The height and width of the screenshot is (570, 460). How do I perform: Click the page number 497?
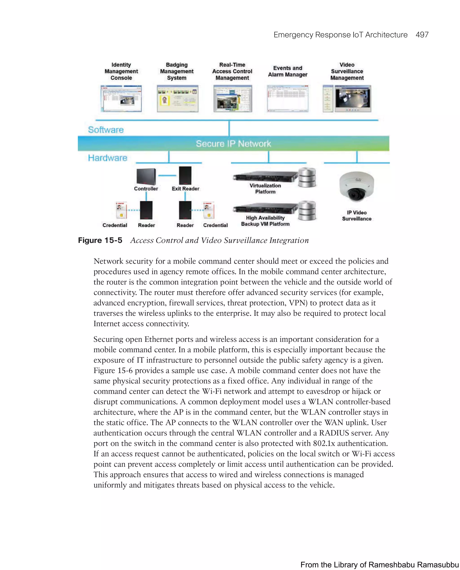coord(422,35)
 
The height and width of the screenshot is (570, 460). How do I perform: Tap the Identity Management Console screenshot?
coord(121,99)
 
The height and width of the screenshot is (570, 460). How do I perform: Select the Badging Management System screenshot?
coord(177,99)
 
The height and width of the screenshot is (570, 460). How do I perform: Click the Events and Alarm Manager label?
coord(287,71)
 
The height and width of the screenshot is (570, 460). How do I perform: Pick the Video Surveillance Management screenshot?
coord(347,99)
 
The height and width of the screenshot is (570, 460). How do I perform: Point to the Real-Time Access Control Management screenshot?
coord(232,99)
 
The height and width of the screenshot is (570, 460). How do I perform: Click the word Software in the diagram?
coord(106,130)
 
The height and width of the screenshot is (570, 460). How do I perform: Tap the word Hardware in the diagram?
coord(108,158)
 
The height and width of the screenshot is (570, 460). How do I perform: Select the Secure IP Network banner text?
coord(233,144)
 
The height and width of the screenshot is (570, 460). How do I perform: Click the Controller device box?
coord(146,177)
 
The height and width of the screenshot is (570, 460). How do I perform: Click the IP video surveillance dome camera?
coord(356,186)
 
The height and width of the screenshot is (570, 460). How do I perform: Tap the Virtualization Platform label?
coord(265,189)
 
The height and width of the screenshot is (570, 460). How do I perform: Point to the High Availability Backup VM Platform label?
coord(265,221)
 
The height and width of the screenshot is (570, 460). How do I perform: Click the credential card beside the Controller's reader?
coord(121,210)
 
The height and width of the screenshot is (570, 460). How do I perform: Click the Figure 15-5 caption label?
coord(100,240)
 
